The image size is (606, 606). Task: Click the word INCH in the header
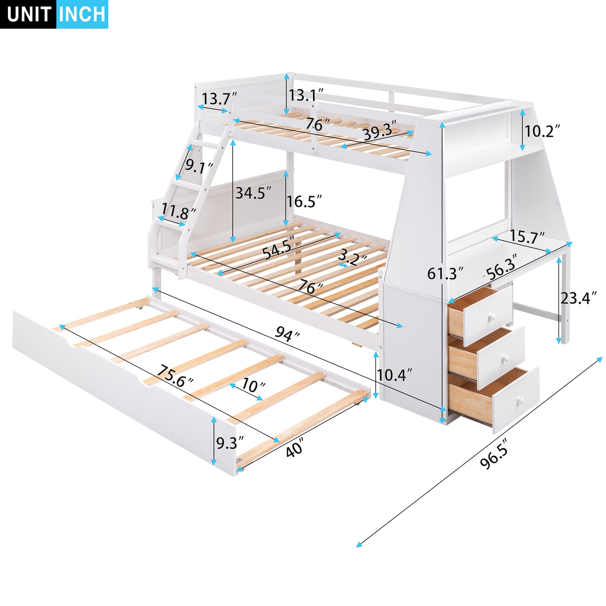82,15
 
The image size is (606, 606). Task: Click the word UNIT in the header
29,15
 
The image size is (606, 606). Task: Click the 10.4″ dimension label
394,375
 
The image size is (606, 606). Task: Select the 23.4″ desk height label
579,298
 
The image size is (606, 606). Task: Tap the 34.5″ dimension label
253,193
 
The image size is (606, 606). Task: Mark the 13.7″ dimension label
219,99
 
